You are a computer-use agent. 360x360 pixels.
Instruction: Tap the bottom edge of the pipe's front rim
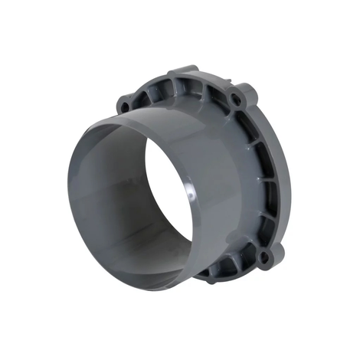[138, 290]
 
